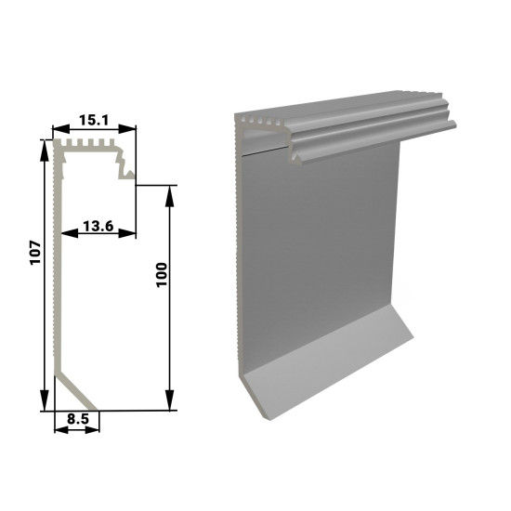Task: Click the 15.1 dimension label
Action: [x=94, y=120]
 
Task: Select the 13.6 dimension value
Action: [x=98, y=226]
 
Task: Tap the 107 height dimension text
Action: [x=35, y=253]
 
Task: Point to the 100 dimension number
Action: [x=162, y=274]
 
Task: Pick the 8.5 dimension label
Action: [x=78, y=419]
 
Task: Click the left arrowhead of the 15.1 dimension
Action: [x=61, y=129]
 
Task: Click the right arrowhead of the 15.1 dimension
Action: [x=127, y=129]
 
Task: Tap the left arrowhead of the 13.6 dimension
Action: [x=70, y=233]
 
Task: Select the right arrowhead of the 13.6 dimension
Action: [x=127, y=233]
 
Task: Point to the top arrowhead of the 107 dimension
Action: [x=44, y=151]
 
